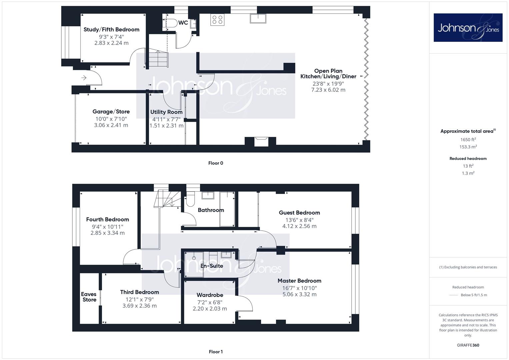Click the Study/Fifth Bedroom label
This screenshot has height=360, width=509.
111,30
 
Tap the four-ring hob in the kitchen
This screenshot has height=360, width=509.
217,20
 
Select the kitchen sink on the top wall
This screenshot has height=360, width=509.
258,18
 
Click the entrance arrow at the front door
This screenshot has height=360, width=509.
84,78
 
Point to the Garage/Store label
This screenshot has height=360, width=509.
111,112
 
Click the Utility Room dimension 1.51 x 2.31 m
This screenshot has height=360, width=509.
166,125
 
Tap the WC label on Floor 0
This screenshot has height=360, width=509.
183,23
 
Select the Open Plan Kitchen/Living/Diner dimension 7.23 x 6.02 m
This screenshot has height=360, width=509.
328,90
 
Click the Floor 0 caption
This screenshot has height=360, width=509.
216,163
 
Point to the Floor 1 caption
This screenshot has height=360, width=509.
216,352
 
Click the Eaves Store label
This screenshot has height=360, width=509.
89,297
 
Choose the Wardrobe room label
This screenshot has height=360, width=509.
210,295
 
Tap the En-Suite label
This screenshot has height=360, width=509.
212,266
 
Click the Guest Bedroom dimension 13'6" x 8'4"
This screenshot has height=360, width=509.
299,220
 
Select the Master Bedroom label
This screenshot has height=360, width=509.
299,281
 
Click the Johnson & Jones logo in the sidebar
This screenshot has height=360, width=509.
468,27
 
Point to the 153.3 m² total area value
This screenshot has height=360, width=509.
468,147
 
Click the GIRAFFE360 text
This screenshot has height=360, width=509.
468,345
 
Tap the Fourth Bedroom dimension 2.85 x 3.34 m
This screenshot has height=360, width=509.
107,233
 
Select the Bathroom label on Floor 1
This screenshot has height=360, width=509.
211,210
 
